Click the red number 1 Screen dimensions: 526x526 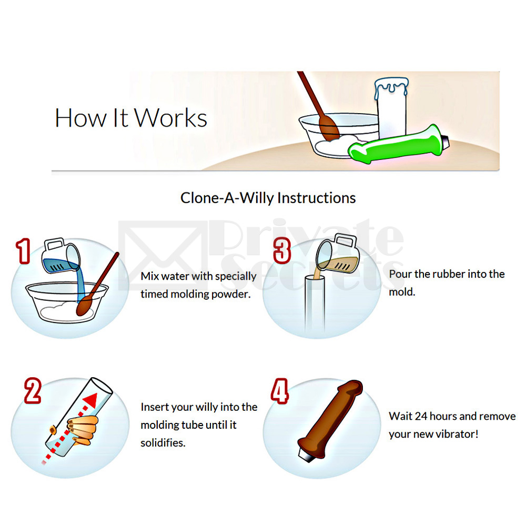(22, 251)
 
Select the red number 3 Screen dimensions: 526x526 (282, 250)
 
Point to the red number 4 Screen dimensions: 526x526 (279, 390)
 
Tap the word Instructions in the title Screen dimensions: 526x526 (316, 198)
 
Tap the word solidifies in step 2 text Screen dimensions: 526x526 (163, 443)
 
